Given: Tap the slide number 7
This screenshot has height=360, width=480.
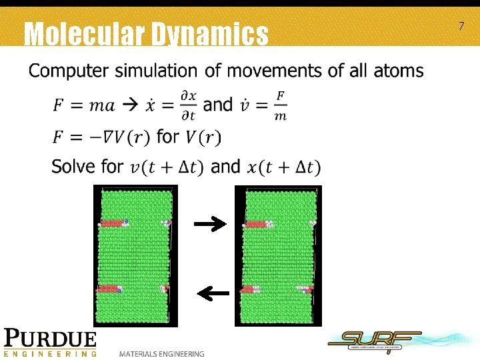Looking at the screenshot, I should tap(461, 26).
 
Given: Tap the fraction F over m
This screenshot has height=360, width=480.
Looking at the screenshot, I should tap(281, 106).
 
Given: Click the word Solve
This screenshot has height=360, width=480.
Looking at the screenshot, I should tap(75, 165).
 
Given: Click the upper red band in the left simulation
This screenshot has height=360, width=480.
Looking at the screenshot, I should tap(112, 223).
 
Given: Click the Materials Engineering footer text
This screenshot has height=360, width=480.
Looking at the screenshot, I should tap(162, 353).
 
